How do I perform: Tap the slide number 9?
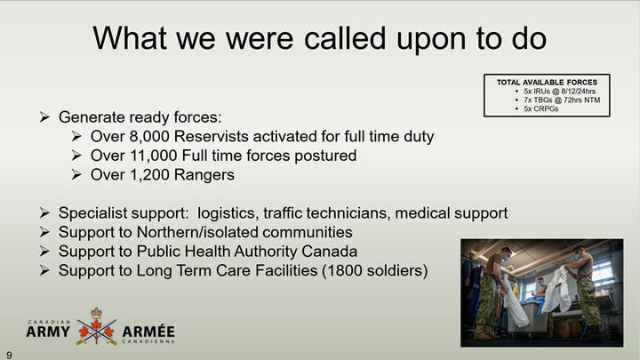pos(9,355)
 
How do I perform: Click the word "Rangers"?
pos(204,175)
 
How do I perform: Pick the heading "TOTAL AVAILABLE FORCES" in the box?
pos(547,83)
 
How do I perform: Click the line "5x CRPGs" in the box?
pos(541,109)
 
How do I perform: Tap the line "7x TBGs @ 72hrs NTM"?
pos(562,100)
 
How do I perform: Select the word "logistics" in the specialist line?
pos(228,213)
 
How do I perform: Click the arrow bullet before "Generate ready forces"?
pos(44,117)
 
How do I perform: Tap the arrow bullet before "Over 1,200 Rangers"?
pos(76,175)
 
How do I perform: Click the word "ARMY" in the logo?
pos(48,332)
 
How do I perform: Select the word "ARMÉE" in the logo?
pos(148,332)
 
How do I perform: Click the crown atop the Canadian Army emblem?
pos(96,313)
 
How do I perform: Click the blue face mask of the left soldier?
pos(506,259)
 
